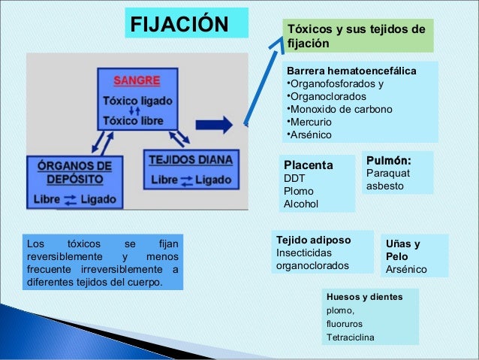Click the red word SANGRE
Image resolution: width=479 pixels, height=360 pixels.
point(136,82)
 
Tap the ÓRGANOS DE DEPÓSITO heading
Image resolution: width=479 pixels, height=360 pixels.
point(73,172)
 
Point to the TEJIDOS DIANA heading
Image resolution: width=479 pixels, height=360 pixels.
point(190,159)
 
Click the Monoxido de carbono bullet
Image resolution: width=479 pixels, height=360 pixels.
point(340,110)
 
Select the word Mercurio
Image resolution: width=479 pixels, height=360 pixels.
point(312,123)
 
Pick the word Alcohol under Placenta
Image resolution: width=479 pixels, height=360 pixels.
point(300,204)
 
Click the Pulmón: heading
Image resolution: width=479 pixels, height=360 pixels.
point(388,160)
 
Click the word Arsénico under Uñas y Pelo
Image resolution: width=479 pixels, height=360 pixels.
point(406,269)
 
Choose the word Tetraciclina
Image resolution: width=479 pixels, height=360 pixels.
point(348,337)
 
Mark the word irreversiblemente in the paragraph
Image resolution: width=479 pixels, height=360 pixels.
point(130,271)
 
